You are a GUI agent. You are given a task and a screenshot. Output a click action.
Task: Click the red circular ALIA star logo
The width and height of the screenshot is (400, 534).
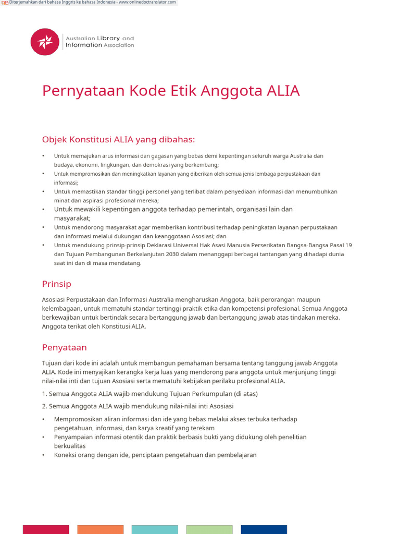tap(45, 42)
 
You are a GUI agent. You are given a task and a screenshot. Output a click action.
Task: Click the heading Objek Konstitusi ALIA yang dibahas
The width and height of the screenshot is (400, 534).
tap(118, 139)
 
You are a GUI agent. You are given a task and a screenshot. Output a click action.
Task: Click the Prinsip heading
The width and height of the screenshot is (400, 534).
tap(56, 284)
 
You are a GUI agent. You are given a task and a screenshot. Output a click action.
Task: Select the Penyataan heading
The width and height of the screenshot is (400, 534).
tap(64, 347)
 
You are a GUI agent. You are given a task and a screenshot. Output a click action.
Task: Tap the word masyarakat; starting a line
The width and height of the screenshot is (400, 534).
tap(72, 219)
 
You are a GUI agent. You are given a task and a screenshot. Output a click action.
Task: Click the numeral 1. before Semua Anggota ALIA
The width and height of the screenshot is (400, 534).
tap(44, 394)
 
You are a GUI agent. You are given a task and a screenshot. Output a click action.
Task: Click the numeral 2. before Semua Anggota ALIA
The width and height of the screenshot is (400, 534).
tap(44, 406)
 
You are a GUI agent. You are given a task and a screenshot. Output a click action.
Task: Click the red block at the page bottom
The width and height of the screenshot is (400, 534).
tap(46, 529)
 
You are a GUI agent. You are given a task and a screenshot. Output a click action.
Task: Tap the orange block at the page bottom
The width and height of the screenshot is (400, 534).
tap(101, 529)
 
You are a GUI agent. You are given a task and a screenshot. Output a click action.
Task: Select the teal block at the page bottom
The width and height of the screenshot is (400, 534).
tap(155, 529)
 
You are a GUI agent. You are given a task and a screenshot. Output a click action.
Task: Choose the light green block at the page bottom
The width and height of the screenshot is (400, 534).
tap(209, 529)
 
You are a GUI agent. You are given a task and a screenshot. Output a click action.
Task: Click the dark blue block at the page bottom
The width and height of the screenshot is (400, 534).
tap(264, 529)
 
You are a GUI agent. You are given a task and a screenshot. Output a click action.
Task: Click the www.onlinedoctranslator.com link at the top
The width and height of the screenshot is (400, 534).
tap(147, 3)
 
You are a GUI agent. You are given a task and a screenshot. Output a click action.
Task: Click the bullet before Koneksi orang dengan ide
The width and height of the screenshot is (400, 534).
tap(43, 455)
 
